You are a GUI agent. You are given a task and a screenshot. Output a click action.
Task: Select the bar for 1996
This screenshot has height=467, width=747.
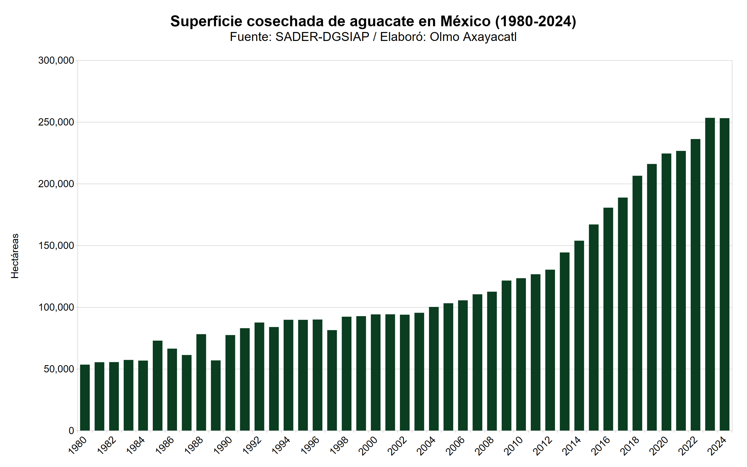point(317,375)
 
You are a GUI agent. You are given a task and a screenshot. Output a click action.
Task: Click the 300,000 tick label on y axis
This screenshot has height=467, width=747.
point(56,61)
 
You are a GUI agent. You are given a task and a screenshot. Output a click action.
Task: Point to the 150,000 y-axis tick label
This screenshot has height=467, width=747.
point(56,246)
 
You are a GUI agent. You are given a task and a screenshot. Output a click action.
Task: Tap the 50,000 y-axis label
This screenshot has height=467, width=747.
point(59,369)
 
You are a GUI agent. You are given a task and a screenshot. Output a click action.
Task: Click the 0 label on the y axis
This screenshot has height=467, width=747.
point(71,431)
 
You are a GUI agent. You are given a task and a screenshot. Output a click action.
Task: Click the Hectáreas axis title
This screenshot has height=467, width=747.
point(15,256)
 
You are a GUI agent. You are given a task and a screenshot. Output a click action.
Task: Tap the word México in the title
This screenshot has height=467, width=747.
point(465,21)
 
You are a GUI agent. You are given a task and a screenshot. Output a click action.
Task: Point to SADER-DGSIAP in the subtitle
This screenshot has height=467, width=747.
point(322,37)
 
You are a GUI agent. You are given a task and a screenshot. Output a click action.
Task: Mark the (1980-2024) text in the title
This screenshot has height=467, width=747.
point(536,21)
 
